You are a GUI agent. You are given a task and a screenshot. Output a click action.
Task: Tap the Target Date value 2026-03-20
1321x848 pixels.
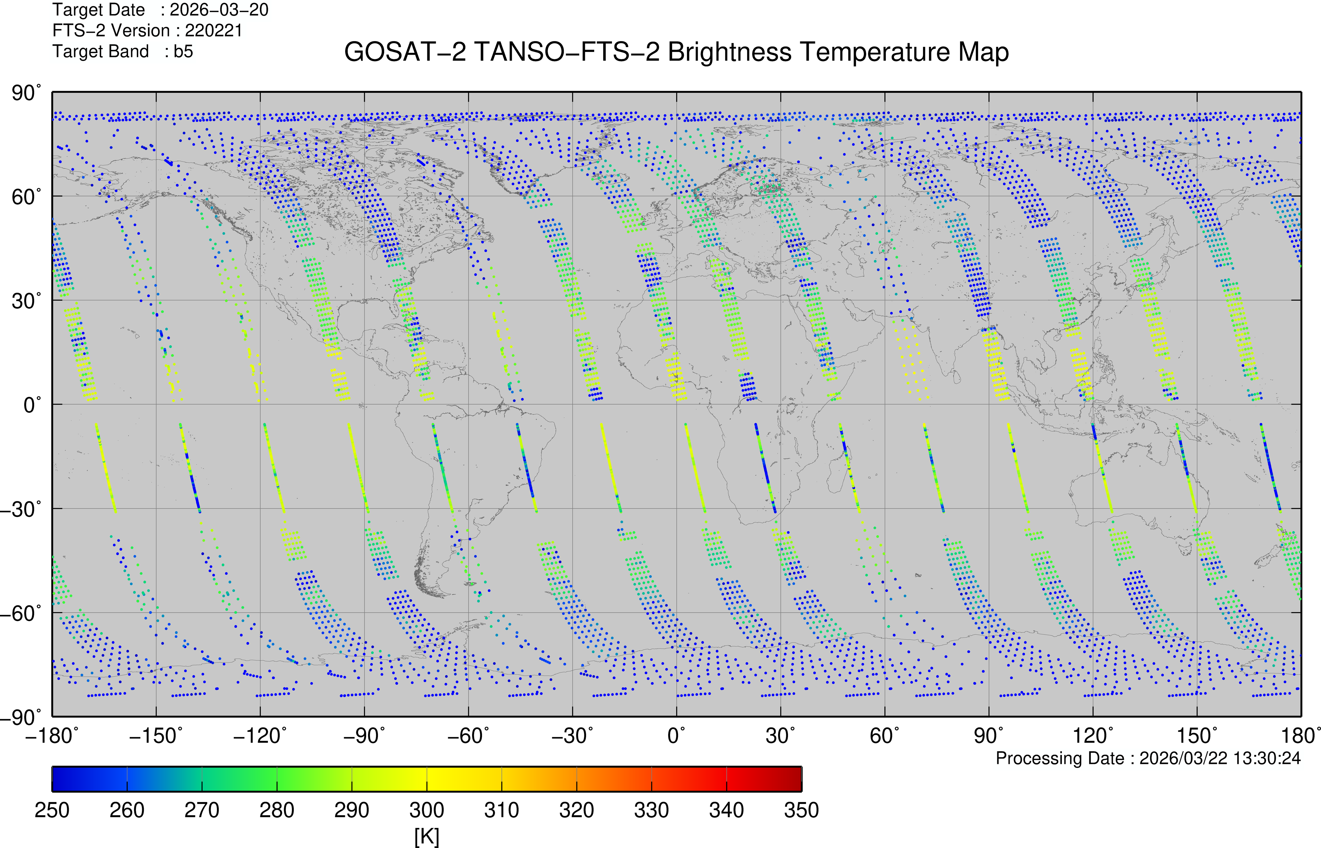(x=219, y=10)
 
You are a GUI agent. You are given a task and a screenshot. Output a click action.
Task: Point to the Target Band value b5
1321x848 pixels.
(x=183, y=51)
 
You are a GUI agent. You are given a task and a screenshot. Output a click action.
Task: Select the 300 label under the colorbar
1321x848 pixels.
(x=427, y=810)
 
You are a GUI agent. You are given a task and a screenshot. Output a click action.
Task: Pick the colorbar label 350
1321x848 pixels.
(x=802, y=810)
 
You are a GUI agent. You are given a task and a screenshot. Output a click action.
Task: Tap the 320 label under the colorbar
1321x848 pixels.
(x=576, y=810)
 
